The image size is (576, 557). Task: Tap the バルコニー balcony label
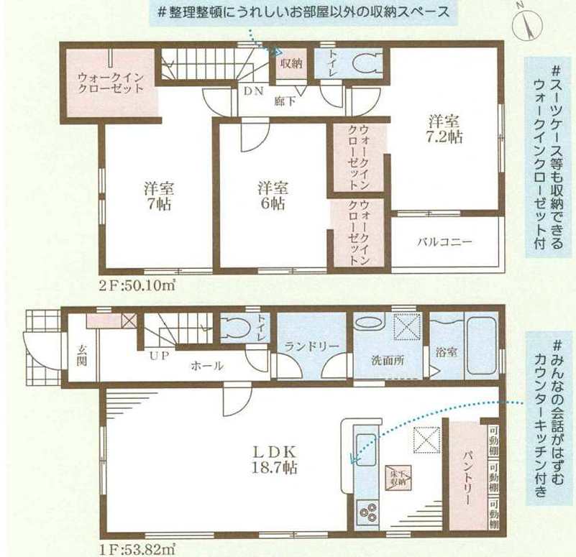pos(444,242)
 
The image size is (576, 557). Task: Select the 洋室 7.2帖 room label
pos(444,129)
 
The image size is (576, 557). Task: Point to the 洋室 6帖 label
pos(273,195)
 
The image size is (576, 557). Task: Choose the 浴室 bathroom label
pos(447,352)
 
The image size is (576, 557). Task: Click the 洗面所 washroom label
pos(388,360)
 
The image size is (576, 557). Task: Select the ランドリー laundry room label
pos(311,346)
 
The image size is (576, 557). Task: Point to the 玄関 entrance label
pos(81,355)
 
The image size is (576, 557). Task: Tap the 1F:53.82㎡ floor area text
pos(137,550)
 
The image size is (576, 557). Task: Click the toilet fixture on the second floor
pos(367,63)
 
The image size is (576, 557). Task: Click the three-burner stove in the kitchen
pos(367,512)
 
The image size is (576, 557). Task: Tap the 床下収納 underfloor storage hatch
pos(398,477)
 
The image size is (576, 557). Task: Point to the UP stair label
pos(159,356)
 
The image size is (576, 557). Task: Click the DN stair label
pos(253,91)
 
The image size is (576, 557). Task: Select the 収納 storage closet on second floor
pos(291,63)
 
